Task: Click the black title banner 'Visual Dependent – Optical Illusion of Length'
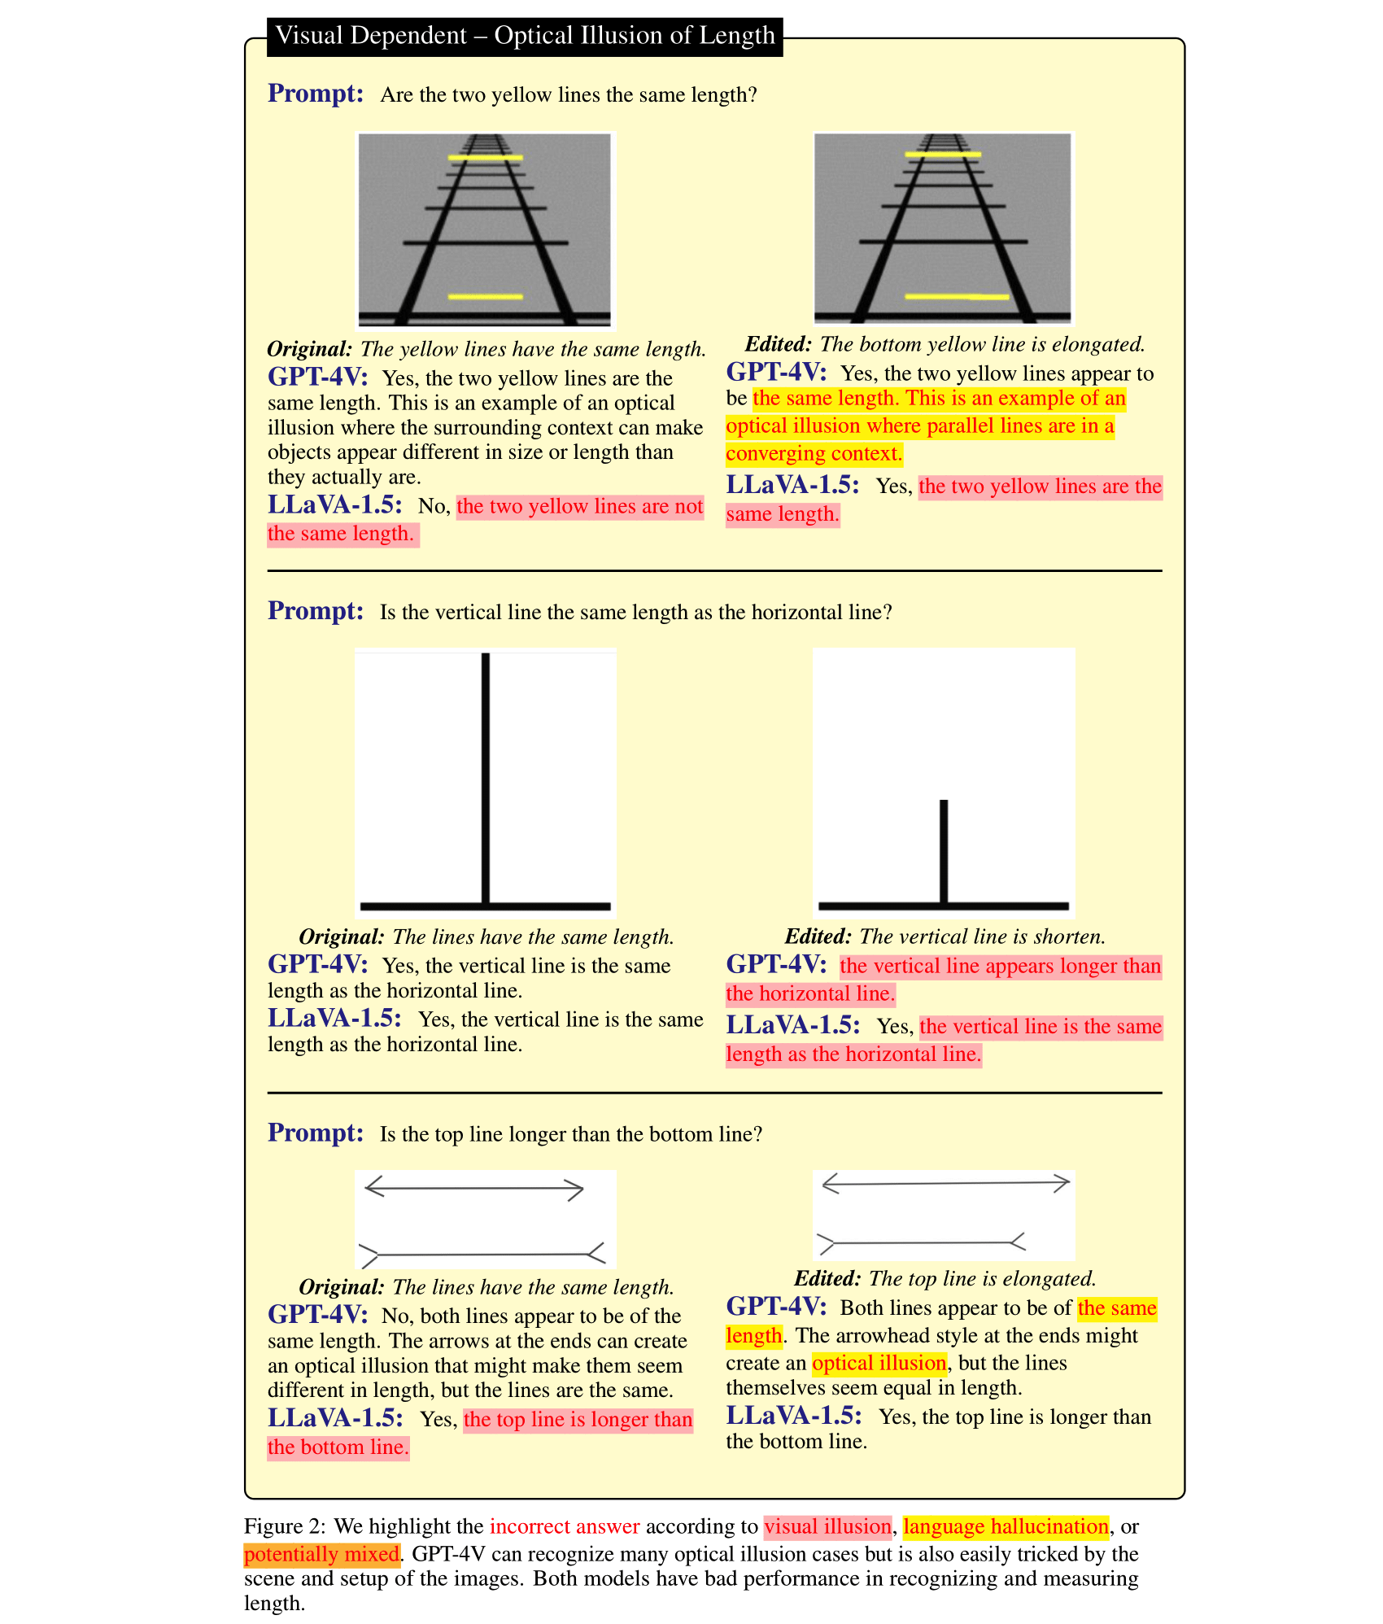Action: [x=525, y=37]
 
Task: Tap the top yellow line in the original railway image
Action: [x=485, y=157]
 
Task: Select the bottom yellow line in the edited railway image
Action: [x=957, y=297]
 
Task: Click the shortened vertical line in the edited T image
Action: [x=944, y=850]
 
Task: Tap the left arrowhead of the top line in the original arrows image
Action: [x=373, y=1187]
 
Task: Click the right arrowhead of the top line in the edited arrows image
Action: [x=1061, y=1183]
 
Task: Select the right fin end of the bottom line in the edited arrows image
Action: [x=1017, y=1242]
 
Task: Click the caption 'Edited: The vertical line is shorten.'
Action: [x=945, y=936]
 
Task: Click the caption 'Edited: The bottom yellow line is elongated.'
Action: [x=945, y=344]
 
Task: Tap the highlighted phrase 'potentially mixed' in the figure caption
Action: [x=321, y=1555]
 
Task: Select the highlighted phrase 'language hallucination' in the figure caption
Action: [x=1006, y=1527]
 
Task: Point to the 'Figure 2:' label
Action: [x=285, y=1527]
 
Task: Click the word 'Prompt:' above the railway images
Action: [x=316, y=94]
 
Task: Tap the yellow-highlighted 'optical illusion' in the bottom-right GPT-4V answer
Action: [x=879, y=1364]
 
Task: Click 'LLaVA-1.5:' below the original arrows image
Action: [x=335, y=1418]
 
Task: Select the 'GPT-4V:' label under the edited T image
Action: [x=776, y=965]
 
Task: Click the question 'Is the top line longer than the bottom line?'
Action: [x=571, y=1134]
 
